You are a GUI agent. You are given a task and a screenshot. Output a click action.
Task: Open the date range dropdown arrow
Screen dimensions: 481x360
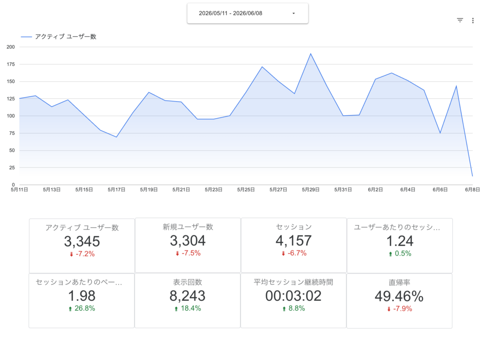coord(294,14)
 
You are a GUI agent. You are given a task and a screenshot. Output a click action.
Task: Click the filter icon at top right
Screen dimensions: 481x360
coord(460,20)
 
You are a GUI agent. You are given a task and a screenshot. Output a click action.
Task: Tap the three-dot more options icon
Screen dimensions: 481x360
coord(473,21)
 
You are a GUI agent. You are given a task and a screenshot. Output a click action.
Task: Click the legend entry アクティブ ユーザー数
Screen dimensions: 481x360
coord(66,37)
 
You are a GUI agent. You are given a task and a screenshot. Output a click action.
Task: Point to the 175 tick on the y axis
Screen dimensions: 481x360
coord(11,64)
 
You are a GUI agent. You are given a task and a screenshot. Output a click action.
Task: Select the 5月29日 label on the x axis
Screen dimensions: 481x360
coord(310,190)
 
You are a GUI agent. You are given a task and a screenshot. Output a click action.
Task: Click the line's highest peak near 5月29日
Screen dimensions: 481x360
coord(310,54)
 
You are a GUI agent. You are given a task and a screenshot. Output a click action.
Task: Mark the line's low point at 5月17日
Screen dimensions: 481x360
coord(116,137)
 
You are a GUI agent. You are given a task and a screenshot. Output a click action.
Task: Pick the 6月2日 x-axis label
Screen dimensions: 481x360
coord(375,190)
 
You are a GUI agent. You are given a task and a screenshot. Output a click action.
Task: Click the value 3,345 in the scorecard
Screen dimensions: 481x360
coord(82,241)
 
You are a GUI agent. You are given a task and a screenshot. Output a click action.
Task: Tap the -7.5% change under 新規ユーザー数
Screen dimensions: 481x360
coord(191,253)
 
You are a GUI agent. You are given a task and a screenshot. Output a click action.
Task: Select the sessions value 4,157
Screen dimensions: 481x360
coord(294,241)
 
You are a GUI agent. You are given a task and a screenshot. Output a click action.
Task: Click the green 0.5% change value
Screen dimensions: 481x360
coord(403,253)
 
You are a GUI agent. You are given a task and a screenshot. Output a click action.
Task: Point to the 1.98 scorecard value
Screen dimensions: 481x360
coord(82,296)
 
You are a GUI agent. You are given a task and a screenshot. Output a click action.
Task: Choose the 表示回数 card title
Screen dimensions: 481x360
coord(187,282)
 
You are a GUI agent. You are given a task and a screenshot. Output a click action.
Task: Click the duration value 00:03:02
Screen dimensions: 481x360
coord(293,296)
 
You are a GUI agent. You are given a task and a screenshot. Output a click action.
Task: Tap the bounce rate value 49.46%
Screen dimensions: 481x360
coord(399,297)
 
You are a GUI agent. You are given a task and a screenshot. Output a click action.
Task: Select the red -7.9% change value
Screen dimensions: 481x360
coord(403,309)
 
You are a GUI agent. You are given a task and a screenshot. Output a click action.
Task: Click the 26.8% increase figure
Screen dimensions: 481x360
coord(85,308)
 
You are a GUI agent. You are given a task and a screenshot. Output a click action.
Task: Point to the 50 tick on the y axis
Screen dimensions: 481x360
coord(12,150)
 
